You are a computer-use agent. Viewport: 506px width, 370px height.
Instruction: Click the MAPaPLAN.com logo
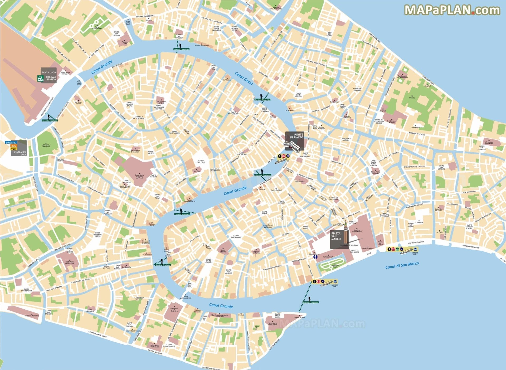(x=452, y=10)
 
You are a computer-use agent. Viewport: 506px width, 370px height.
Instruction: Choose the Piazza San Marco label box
(x=336, y=236)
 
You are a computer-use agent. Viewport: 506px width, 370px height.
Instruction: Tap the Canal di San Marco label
(x=402, y=265)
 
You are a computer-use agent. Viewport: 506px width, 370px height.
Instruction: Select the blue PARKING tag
(x=11, y=143)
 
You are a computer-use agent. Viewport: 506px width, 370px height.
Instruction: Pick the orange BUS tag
(x=14, y=146)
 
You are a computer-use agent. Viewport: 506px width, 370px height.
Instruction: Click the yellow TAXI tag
(x=14, y=149)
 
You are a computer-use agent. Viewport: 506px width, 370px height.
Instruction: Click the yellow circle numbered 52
(x=397, y=249)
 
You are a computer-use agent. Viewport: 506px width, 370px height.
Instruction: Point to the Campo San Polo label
(x=201, y=161)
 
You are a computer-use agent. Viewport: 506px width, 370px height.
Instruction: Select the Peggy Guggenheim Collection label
(x=220, y=315)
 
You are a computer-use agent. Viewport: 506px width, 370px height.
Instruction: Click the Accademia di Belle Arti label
(x=174, y=310)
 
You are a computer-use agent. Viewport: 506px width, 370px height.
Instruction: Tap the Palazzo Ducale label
(x=367, y=249)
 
